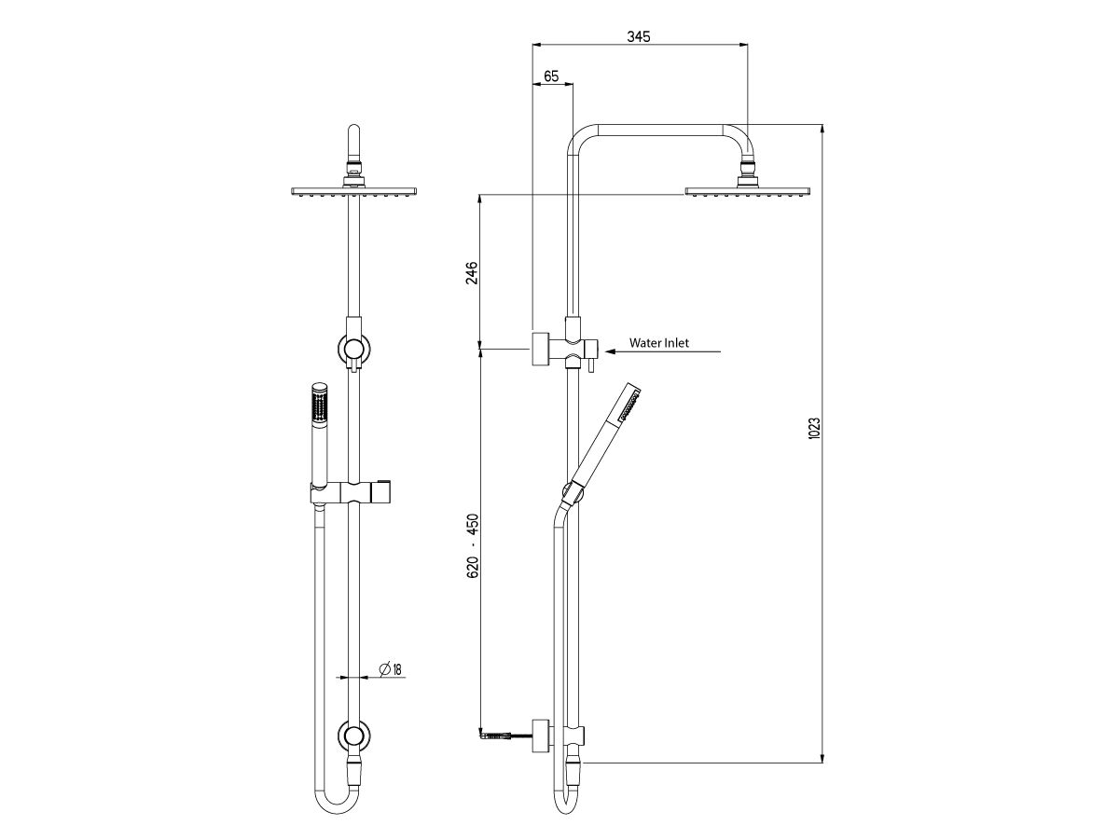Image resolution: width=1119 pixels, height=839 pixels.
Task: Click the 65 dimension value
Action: tap(551, 76)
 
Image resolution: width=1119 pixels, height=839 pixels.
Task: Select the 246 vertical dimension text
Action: tap(472, 272)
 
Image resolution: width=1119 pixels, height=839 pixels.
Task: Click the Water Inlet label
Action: tap(658, 343)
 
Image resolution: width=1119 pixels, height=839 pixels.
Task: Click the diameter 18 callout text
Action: tap(390, 668)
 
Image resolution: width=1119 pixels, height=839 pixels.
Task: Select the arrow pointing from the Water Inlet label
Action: tap(662, 351)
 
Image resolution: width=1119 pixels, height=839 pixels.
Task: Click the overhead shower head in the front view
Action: tap(353, 192)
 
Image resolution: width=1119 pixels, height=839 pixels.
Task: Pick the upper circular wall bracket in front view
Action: tap(353, 349)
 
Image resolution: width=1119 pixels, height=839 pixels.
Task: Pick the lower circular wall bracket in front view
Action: tap(353, 736)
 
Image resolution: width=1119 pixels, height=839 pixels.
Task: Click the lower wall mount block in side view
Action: tap(539, 734)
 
